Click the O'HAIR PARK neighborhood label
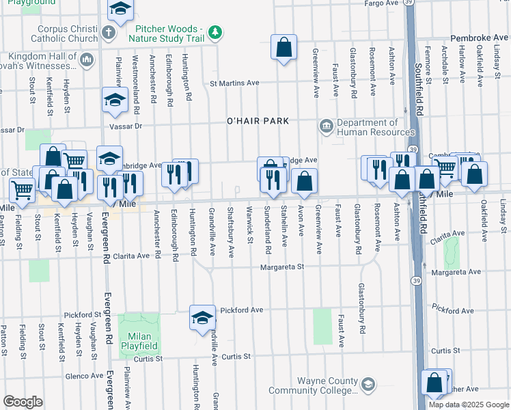(x=258, y=121)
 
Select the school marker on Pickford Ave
(x=202, y=318)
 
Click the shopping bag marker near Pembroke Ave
(x=284, y=48)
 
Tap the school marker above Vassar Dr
(x=115, y=100)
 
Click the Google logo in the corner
(x=23, y=402)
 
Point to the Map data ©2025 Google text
(x=469, y=405)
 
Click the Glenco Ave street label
(x=83, y=375)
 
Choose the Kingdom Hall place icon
(x=86, y=61)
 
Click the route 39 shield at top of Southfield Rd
(x=407, y=3)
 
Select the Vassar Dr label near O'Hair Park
(x=124, y=126)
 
